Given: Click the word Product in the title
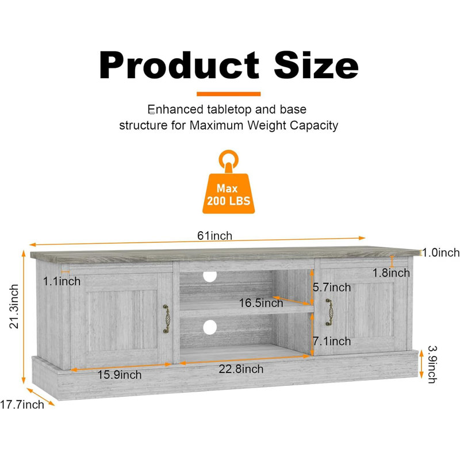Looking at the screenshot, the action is click(x=179, y=65).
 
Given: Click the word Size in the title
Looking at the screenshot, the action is click(x=316, y=65).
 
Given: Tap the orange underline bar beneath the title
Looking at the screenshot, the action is click(x=228, y=94).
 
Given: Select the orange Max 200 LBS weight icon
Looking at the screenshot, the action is click(x=228, y=182).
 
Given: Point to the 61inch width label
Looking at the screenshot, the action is click(x=214, y=236).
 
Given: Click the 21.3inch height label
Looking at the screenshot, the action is click(x=14, y=306).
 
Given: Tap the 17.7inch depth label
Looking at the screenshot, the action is click(x=22, y=405).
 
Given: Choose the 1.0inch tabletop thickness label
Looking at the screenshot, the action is click(x=440, y=252).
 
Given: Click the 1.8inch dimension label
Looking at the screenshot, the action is click(x=391, y=273).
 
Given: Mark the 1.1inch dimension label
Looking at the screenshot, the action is click(x=62, y=281).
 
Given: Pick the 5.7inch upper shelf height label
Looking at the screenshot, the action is click(x=332, y=287).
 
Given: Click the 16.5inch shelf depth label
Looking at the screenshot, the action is click(x=261, y=303).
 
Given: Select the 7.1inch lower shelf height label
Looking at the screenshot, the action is click(x=332, y=341).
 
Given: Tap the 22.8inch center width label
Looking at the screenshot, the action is click(x=241, y=369).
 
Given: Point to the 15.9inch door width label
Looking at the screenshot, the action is click(x=120, y=375).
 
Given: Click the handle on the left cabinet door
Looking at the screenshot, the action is click(x=167, y=319).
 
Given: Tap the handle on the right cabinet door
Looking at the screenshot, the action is click(x=329, y=312).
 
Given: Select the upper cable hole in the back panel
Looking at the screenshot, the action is click(x=210, y=277).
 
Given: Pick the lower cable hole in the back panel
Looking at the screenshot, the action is click(x=210, y=327).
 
